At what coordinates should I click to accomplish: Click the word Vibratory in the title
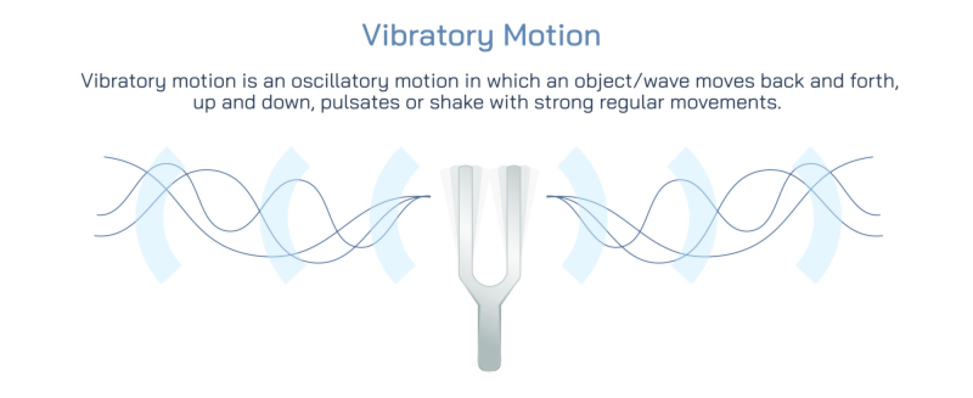[x=427, y=36]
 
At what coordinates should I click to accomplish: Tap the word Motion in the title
[x=552, y=36]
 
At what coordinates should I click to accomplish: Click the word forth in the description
[x=873, y=81]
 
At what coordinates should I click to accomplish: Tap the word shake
[x=456, y=103]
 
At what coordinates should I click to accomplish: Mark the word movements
[x=725, y=103]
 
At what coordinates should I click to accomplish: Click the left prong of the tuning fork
[x=466, y=219]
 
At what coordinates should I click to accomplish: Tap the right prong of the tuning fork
[x=514, y=219]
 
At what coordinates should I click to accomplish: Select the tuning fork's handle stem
[x=489, y=336]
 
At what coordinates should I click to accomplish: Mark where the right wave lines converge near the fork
[x=553, y=197]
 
